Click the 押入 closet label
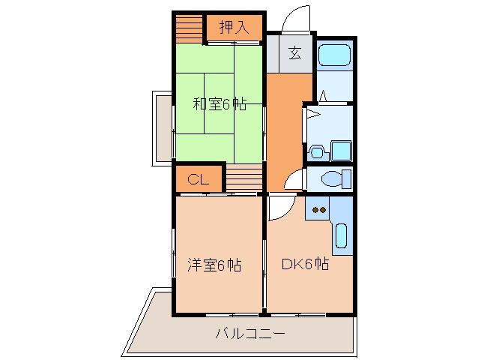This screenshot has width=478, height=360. [234, 28]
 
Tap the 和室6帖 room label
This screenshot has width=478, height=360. [220, 104]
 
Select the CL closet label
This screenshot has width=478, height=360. [198, 179]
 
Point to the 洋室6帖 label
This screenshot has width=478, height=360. [214, 265]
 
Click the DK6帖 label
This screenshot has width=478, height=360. [305, 264]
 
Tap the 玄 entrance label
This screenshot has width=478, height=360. [294, 53]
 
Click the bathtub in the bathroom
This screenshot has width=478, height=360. [333, 55]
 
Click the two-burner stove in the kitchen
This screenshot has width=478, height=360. [321, 211]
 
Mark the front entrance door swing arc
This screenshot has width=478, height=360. [294, 18]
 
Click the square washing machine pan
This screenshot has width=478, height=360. [341, 151]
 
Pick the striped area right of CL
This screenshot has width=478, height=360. [243, 179]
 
